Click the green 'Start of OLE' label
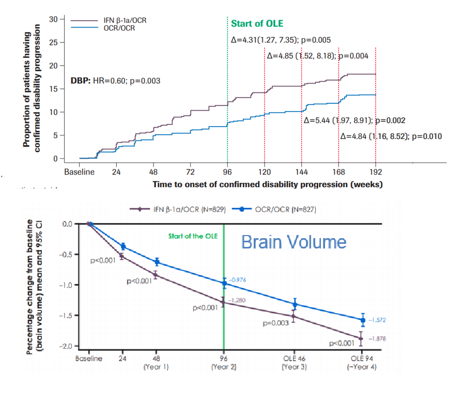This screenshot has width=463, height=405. [x=257, y=24]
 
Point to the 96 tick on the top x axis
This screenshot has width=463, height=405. [x=227, y=172]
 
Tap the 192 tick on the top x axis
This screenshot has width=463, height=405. [x=376, y=172]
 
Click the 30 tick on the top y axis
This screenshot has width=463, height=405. [x=54, y=19]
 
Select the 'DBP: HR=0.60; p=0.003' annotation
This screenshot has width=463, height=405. [x=115, y=81]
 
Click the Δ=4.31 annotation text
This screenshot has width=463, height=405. [x=280, y=40]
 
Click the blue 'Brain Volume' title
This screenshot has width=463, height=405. [x=294, y=242]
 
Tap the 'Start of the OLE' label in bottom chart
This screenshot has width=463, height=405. [x=193, y=236]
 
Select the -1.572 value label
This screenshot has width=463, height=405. [x=378, y=320]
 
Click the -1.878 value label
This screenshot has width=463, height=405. [x=378, y=338]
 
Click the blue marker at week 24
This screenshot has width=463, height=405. [x=123, y=246]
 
